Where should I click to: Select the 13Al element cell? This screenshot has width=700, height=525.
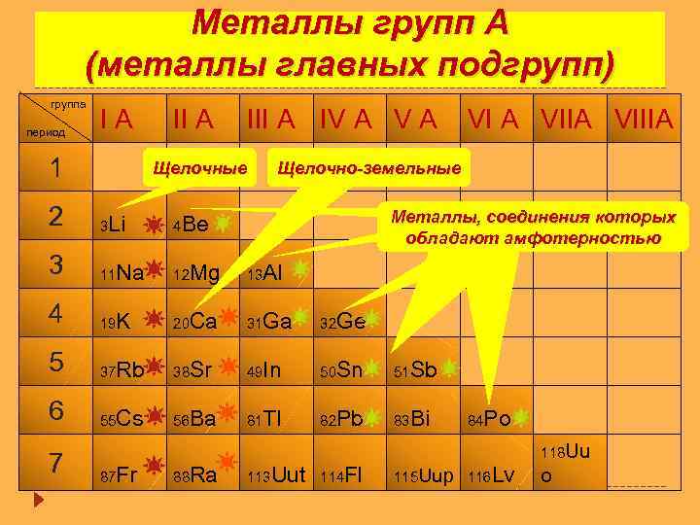[263, 274]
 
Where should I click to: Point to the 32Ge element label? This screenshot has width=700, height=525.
[342, 322]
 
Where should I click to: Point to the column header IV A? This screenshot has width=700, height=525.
[347, 119]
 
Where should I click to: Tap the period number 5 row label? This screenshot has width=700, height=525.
[56, 363]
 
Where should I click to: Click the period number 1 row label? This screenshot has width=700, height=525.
[56, 168]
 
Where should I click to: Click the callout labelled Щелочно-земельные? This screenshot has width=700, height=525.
[369, 167]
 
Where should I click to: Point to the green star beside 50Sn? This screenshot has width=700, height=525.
[376, 367]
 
